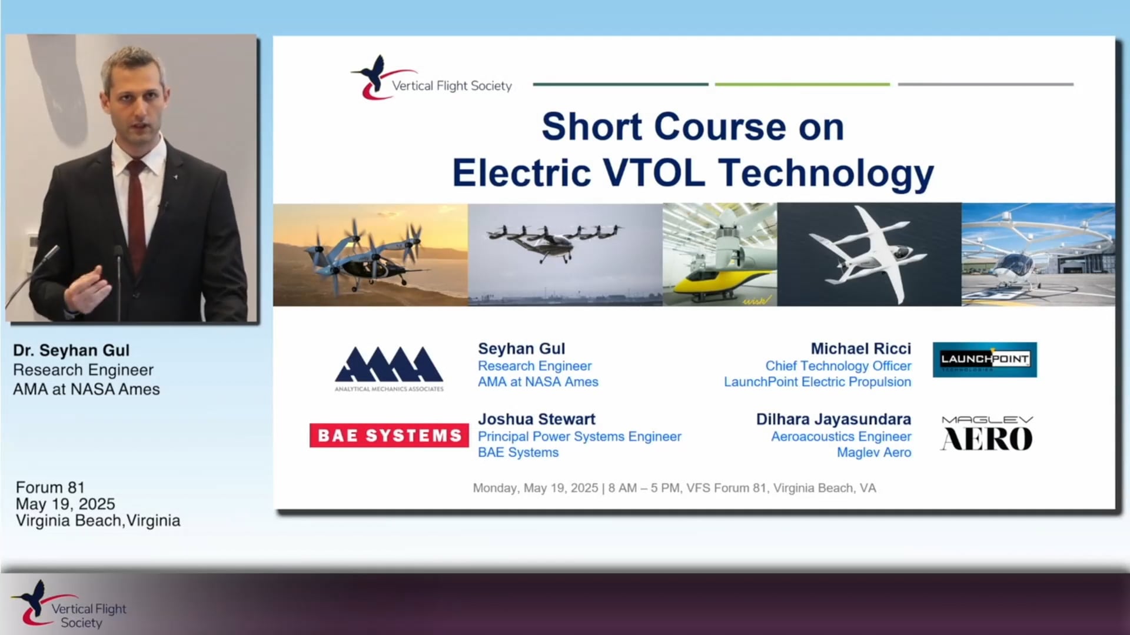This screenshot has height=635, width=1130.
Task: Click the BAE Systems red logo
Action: coord(389,436)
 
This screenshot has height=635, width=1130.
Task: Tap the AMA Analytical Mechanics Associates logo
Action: coord(389,368)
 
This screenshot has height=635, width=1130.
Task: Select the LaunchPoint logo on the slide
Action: coord(985,359)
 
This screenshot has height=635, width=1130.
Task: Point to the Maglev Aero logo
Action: coord(987,433)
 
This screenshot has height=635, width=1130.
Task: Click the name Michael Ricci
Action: coord(860,349)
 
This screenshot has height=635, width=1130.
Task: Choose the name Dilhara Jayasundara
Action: coord(833,419)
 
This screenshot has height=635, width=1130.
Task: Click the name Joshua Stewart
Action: coord(536,419)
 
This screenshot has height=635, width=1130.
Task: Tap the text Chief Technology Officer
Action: coord(838,366)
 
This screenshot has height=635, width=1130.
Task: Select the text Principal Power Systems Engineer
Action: coord(579,436)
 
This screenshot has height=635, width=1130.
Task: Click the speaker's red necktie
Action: coord(136,212)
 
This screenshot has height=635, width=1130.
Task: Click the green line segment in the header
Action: coord(802,85)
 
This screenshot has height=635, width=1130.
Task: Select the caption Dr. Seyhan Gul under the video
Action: coord(71,350)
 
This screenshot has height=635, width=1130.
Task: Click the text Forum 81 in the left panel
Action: coord(50,487)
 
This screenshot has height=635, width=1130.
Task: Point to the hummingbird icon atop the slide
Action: coord(372,76)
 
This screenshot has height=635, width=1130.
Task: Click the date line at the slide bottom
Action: coord(674,488)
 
